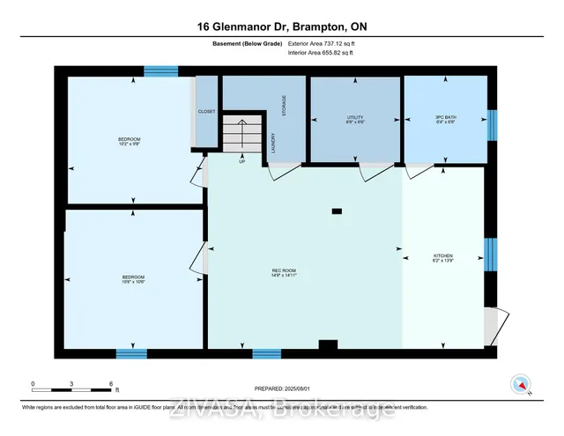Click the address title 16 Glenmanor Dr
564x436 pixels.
[x=281, y=27]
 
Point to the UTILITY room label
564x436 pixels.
[x=354, y=119]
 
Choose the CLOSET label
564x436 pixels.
[x=208, y=112]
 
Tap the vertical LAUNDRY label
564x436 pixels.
[x=274, y=143]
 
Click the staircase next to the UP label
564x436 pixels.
[x=242, y=135]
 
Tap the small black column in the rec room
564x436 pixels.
[x=337, y=211]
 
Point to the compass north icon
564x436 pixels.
[x=521, y=384]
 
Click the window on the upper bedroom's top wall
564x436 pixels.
[x=161, y=71]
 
